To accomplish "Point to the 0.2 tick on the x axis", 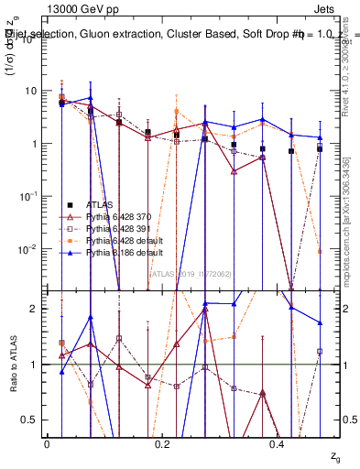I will (x=162, y=443).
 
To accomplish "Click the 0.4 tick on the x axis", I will (x=278, y=443).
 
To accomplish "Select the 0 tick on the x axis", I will (x=47, y=443).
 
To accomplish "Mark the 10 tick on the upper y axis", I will (x=30, y=91).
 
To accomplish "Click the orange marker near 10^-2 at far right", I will (x=320, y=251).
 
